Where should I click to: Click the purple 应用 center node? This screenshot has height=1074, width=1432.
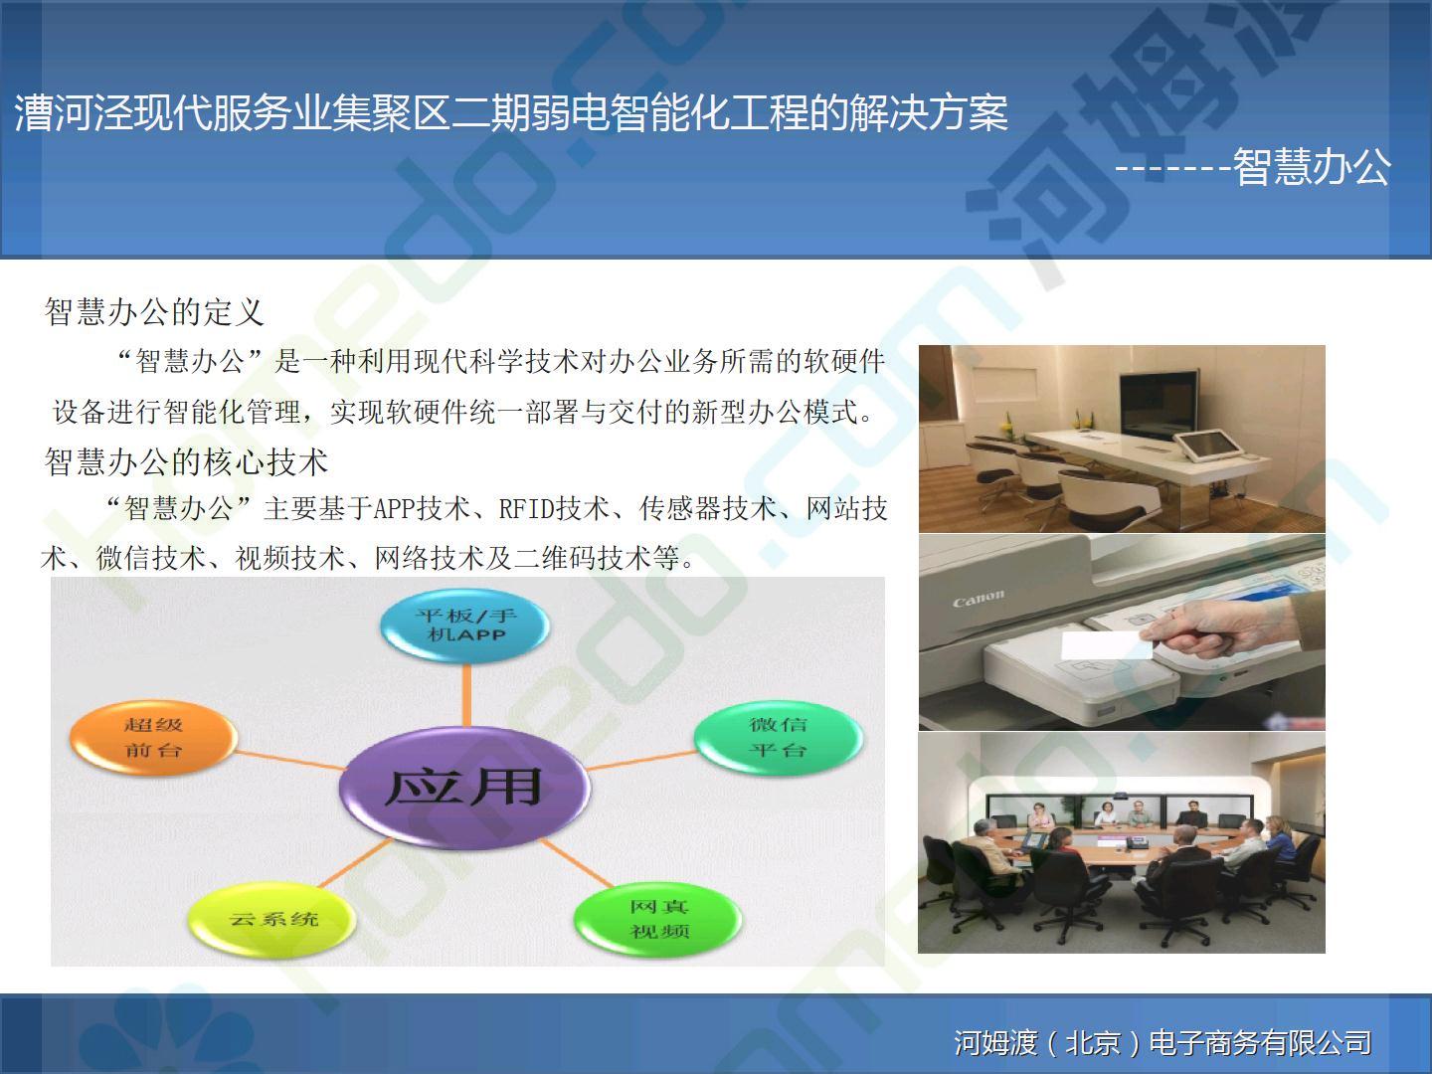pos(464,787)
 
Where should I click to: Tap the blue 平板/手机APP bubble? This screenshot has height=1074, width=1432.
pos(465,625)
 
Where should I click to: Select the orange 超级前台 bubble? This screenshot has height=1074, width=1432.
pos(153,738)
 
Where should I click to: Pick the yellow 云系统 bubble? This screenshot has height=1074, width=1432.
pos(272,919)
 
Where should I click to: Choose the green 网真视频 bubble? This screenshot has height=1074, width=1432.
pos(658,919)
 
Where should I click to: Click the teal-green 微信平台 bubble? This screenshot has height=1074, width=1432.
pos(778,738)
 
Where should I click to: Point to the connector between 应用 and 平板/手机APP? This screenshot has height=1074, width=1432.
pos(466,695)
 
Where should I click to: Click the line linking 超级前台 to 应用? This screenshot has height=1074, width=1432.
pos(289,760)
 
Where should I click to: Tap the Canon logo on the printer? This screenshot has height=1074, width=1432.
pos(978,598)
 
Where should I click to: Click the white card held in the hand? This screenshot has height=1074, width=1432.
pos(1106,645)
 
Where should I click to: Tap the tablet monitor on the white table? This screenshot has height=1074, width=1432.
pos(1207,447)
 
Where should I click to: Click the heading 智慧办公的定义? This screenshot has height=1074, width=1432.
pos(154,311)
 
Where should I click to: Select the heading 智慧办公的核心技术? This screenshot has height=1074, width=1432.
pos(186,461)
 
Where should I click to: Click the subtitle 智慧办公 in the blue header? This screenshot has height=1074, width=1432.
pos(1312,166)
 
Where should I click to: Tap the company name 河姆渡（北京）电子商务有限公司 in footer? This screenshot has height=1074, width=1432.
pos(1163,1042)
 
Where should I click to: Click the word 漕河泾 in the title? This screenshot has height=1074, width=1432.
pos(74,112)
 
